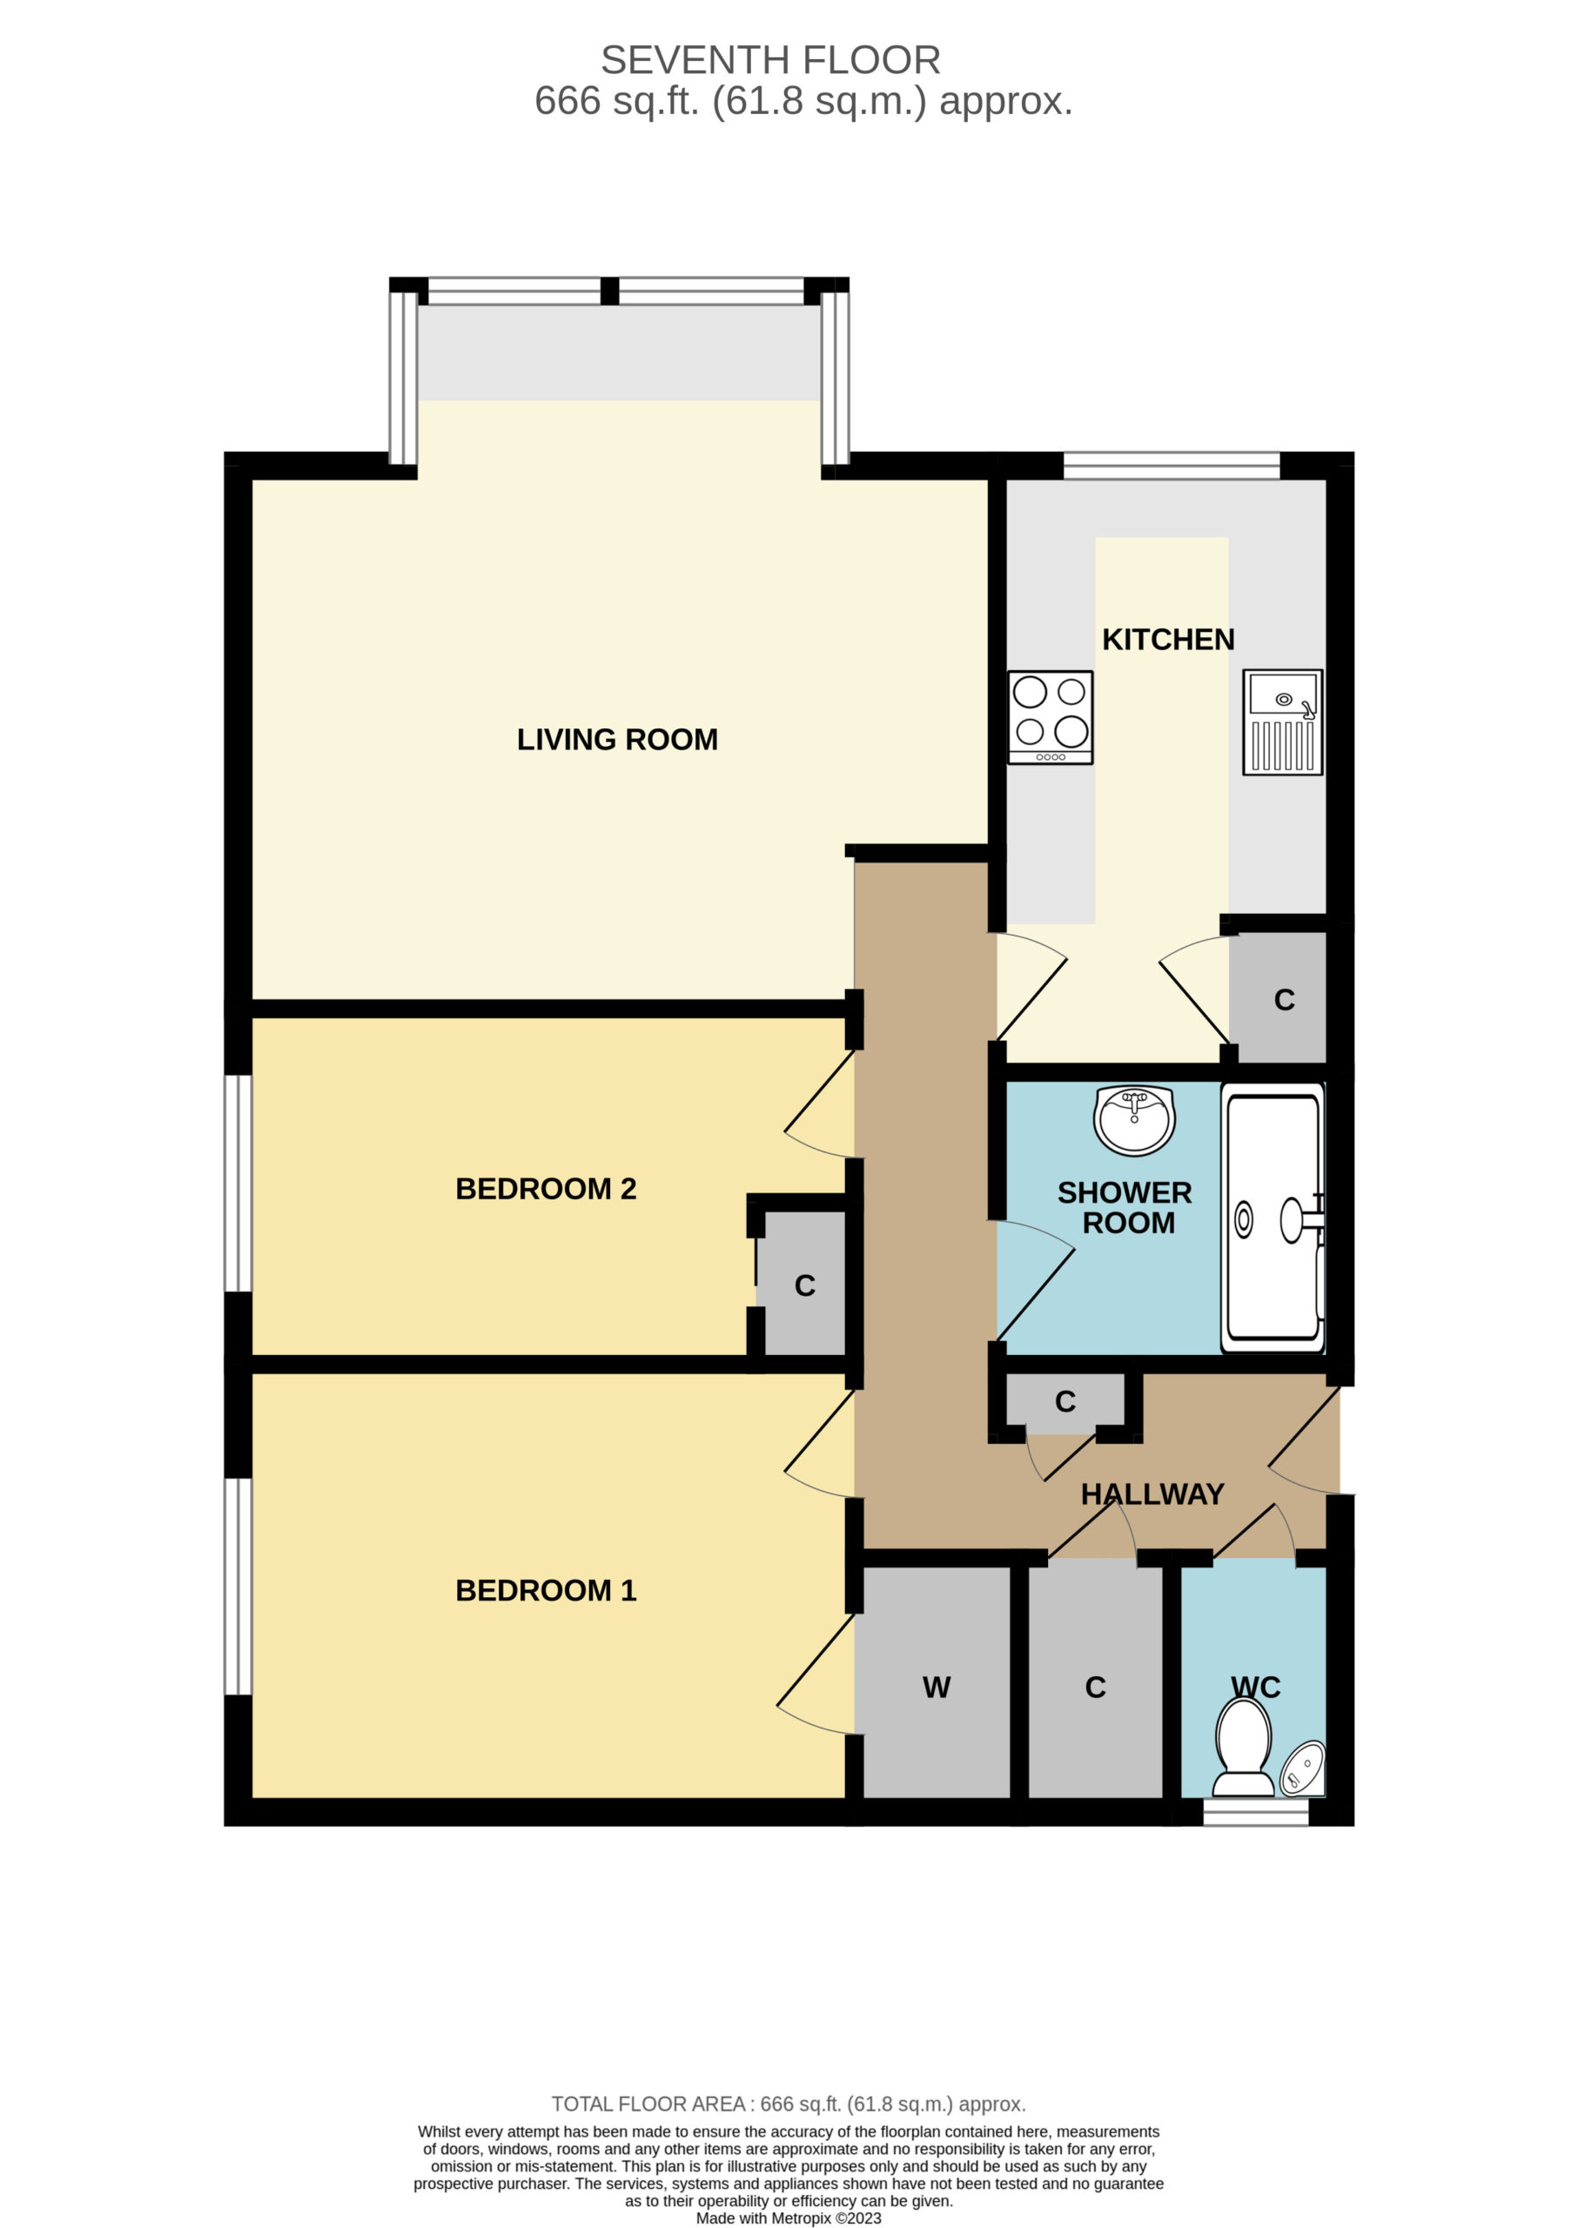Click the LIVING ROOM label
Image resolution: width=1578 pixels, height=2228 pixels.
click(x=617, y=740)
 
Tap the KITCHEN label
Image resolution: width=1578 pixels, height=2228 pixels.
click(x=1168, y=640)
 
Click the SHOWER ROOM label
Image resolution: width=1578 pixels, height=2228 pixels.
click(x=1125, y=1208)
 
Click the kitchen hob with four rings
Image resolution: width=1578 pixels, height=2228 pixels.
click(x=1051, y=717)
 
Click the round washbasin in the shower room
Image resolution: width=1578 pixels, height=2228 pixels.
click(x=1134, y=1120)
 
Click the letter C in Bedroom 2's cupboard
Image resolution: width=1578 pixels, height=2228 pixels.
click(x=804, y=1285)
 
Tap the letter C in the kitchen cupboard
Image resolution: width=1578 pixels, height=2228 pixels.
click(x=1285, y=1000)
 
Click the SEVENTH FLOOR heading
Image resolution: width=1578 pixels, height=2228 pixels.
click(x=770, y=60)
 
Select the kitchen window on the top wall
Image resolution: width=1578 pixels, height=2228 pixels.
click(x=1172, y=466)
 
